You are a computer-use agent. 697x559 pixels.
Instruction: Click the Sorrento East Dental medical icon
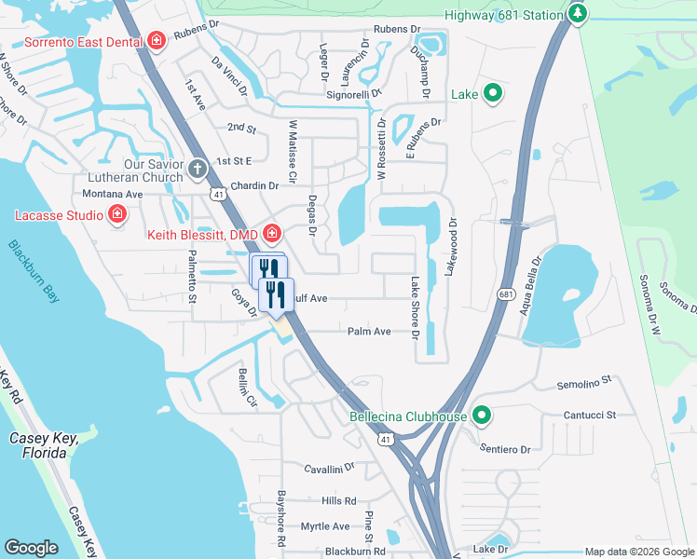156,41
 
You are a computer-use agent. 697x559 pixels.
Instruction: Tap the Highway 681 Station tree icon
578,14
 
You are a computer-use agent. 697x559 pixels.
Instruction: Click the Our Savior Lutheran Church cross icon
198,169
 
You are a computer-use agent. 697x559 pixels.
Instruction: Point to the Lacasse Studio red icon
117,215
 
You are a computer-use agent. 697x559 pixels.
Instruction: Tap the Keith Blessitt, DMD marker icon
272,233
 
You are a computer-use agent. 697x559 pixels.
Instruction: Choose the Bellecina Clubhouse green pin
482,416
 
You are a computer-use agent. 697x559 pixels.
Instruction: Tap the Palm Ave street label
369,331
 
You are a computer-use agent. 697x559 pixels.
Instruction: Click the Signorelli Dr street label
351,93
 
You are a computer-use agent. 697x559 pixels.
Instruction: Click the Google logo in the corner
31,547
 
